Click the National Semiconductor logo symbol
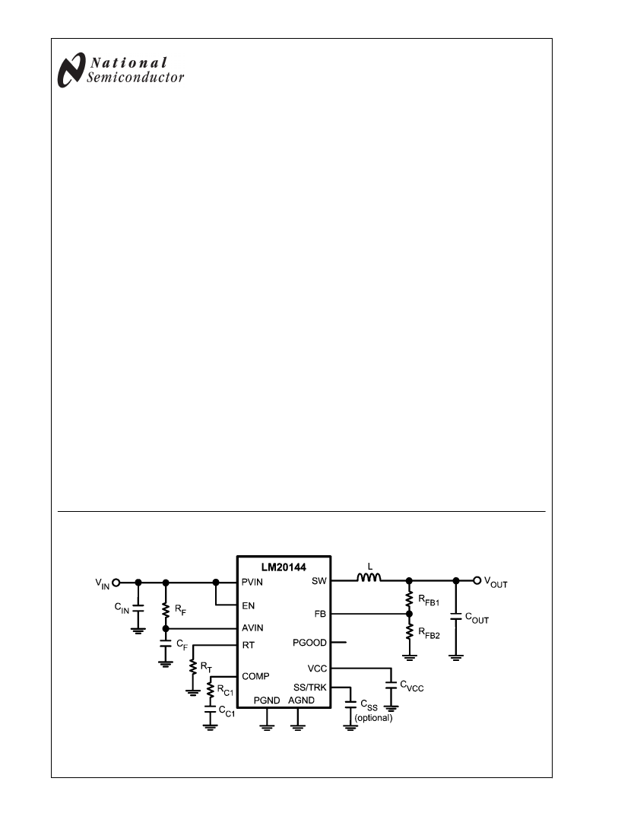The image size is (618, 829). (x=71, y=70)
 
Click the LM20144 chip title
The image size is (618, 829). (x=284, y=567)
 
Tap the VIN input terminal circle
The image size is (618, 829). (x=116, y=583)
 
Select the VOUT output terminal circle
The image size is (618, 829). (x=477, y=580)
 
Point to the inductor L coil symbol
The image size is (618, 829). (x=369, y=577)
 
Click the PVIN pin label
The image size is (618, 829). (x=252, y=582)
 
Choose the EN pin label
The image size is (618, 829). (x=249, y=606)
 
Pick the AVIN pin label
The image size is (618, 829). (x=252, y=628)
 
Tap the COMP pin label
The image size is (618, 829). (x=255, y=676)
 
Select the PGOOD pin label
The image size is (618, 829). (x=309, y=643)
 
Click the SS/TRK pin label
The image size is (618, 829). (x=310, y=688)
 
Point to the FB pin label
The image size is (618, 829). (x=320, y=615)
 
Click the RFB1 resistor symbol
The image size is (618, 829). (x=409, y=598)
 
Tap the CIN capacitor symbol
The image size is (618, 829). (x=138, y=607)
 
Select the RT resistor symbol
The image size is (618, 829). (x=193, y=667)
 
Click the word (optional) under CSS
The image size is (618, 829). (x=373, y=718)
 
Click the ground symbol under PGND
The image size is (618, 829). (x=267, y=726)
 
